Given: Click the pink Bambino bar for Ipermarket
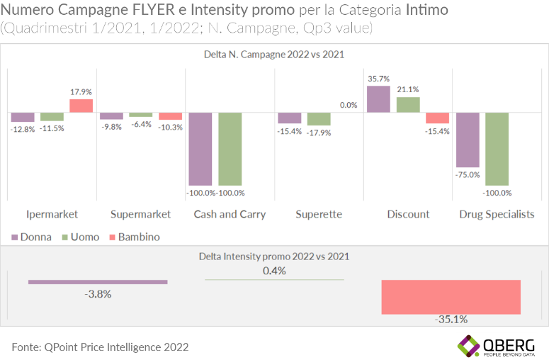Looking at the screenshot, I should point(81,106).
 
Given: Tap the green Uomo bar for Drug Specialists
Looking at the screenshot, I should point(496,150).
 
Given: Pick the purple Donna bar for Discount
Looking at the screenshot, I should point(378,99).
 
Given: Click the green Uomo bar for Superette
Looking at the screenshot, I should point(318,119).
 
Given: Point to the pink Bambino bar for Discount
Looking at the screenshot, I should point(437,118).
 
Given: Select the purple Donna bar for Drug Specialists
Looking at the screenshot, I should point(467,140).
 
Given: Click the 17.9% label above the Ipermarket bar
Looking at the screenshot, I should point(81,92).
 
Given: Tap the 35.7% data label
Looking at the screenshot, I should point(378,79).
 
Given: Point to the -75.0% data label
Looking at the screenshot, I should point(468,174).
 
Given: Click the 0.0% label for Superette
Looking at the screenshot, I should point(349,105).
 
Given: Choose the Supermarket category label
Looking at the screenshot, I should point(140,214).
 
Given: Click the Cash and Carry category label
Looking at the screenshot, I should point(230,214).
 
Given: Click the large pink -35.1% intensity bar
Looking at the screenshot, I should point(451,297).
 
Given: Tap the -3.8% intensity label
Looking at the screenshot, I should point(97,294).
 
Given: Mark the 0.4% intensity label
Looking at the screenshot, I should point(274,271).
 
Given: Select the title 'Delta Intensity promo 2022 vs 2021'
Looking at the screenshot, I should point(274,257).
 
